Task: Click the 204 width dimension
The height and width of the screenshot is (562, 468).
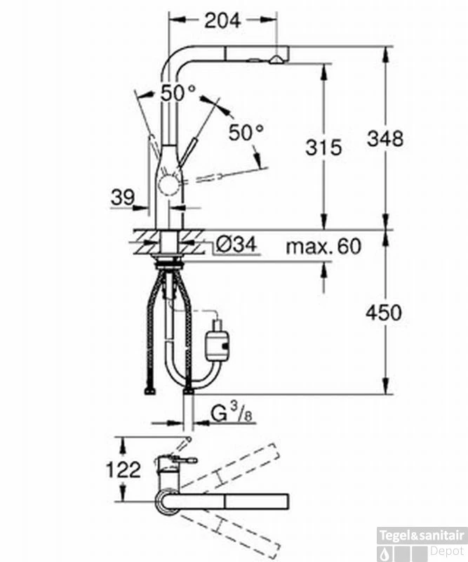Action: pyautogui.click(x=222, y=21)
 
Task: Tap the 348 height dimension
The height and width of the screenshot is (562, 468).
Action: pyautogui.click(x=385, y=138)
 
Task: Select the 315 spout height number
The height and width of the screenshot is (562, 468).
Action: pyautogui.click(x=323, y=148)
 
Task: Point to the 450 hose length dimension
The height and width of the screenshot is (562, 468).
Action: pyautogui.click(x=384, y=312)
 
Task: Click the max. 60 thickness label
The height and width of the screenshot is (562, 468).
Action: pyautogui.click(x=323, y=247)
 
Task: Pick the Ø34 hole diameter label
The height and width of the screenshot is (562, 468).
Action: pyautogui.click(x=236, y=244)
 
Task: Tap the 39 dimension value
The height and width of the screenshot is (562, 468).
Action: pyautogui.click(x=123, y=197)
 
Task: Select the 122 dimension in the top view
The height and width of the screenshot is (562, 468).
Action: pyautogui.click(x=123, y=469)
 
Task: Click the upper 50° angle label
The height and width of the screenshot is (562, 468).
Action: pyautogui.click(x=178, y=93)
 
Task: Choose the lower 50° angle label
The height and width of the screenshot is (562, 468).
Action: pyautogui.click(x=246, y=132)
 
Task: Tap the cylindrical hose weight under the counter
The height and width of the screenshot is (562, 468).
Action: pyautogui.click(x=216, y=345)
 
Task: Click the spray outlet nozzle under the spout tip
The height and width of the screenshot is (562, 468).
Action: pyautogui.click(x=276, y=60)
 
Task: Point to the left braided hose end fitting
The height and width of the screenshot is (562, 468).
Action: pyautogui.click(x=150, y=391)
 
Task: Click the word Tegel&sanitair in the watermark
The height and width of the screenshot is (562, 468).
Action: pyautogui.click(x=422, y=535)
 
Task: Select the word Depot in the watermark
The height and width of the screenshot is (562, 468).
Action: pyautogui.click(x=447, y=551)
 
